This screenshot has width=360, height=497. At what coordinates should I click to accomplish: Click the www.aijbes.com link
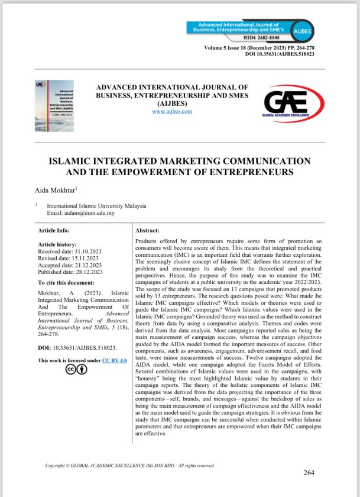172,111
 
